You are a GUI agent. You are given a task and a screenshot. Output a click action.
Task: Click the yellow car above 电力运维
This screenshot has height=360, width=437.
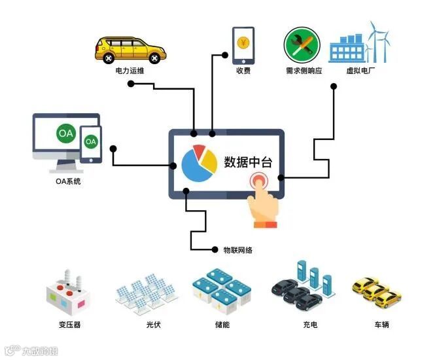point(131,48)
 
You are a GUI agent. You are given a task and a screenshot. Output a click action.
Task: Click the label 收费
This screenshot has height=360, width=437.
point(243,71)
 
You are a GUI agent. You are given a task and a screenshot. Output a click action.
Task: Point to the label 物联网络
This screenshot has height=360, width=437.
point(237,250)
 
